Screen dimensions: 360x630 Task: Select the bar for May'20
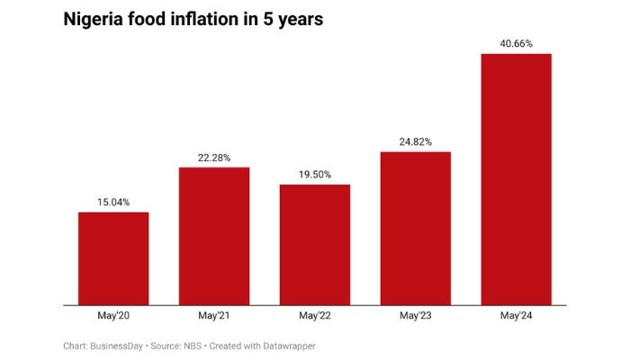click(113, 259)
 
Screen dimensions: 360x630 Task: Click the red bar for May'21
click(214, 237)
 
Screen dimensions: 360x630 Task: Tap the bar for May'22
click(315, 245)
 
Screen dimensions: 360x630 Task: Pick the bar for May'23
click(416, 229)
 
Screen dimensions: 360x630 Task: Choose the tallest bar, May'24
click(517, 180)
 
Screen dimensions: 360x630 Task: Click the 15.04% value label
click(113, 202)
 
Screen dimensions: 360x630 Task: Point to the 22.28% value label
click(214, 157)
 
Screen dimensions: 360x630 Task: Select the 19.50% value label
click(315, 175)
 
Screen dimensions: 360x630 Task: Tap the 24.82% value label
click(416, 141)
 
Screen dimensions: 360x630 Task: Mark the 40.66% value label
click(517, 43)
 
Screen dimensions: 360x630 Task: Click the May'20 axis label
click(113, 316)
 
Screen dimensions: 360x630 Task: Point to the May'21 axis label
click(214, 316)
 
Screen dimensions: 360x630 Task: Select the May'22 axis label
click(315, 316)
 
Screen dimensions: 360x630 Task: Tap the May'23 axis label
click(416, 316)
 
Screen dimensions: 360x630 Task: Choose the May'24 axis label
click(517, 316)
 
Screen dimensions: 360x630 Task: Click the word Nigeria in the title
click(94, 19)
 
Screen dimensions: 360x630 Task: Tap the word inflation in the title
click(204, 19)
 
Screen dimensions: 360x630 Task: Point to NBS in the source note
click(195, 346)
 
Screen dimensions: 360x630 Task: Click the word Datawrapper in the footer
click(287, 346)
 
